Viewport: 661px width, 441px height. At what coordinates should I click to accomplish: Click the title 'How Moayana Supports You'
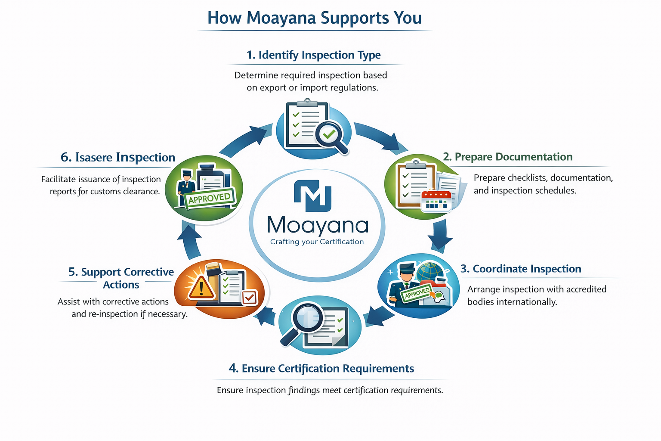click(x=315, y=18)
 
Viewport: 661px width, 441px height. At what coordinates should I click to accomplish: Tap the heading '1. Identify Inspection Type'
click(x=313, y=55)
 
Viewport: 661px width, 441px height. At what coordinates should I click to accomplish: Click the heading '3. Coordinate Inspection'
click(x=521, y=269)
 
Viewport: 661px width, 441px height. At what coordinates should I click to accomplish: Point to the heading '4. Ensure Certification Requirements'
click(x=321, y=369)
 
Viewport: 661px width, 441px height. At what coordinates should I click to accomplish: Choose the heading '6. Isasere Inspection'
click(x=118, y=157)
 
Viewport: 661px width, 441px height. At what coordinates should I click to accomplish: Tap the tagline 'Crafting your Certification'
click(x=317, y=242)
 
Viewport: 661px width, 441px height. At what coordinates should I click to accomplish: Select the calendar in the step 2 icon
click(x=436, y=201)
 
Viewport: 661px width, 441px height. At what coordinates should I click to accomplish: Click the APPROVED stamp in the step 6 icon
click(x=210, y=198)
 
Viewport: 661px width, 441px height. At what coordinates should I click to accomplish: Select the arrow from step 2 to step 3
click(x=439, y=235)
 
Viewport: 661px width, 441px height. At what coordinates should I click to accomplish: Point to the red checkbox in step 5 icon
click(x=250, y=297)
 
